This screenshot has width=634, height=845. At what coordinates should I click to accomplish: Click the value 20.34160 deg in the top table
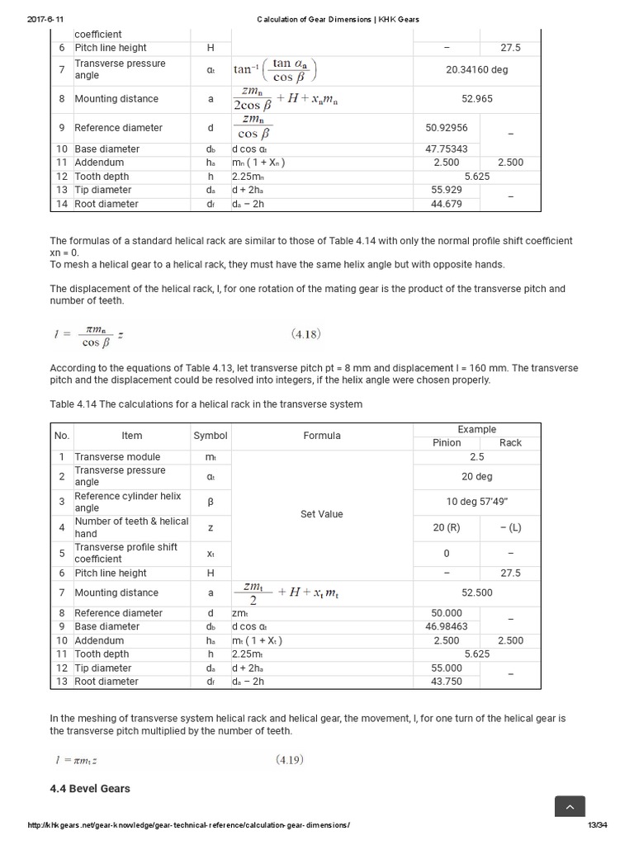(x=476, y=69)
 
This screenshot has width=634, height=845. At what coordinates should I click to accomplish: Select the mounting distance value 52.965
(x=476, y=99)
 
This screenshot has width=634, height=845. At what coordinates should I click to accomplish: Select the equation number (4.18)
(x=305, y=334)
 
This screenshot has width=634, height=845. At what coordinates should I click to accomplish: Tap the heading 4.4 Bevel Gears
(x=90, y=788)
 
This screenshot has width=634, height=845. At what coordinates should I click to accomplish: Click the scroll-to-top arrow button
(x=570, y=808)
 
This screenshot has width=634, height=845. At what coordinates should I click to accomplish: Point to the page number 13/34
(x=597, y=825)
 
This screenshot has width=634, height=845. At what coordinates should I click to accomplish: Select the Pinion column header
(x=447, y=442)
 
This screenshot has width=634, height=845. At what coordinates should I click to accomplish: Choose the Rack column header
(x=510, y=442)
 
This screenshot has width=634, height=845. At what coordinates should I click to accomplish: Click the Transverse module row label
(x=117, y=456)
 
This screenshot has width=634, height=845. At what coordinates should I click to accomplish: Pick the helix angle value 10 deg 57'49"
(x=476, y=502)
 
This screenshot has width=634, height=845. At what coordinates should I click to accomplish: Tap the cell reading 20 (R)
(x=447, y=527)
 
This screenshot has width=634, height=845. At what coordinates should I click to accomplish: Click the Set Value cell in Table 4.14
(x=321, y=514)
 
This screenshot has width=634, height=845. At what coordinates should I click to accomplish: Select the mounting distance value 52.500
(x=476, y=592)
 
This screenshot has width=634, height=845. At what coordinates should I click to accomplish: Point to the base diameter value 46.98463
(x=447, y=626)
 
